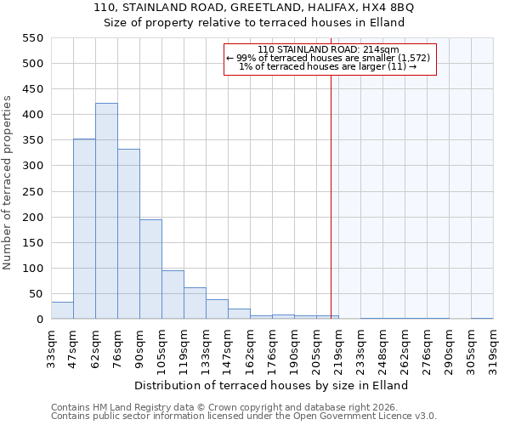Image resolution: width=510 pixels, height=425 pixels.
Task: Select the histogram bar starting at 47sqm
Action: [84, 229]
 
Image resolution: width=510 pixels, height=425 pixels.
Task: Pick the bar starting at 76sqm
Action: [128, 234]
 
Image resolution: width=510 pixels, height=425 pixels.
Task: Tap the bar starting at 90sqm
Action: [150, 269]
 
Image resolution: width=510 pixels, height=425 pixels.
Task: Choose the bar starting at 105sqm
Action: [173, 294]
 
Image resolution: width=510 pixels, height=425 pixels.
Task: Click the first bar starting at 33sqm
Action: [62, 310]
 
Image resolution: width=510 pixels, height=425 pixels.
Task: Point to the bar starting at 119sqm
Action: [195, 303]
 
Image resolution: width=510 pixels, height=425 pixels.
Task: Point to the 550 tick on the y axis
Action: [32, 38]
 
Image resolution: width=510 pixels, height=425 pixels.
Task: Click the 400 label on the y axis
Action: [32, 115]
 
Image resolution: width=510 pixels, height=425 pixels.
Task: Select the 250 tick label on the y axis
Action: [32, 191]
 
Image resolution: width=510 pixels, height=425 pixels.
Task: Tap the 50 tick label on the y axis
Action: [36, 294]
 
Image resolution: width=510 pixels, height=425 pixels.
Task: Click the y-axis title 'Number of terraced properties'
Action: [8, 183]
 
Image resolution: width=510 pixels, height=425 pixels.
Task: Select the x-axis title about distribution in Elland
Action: [271, 385]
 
